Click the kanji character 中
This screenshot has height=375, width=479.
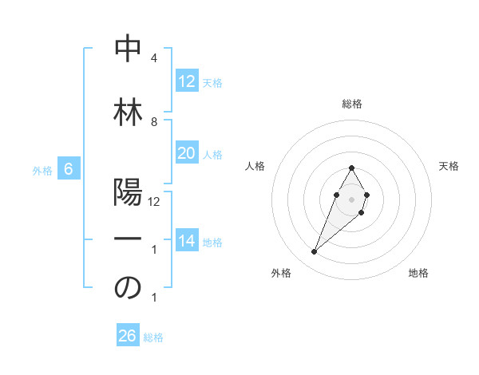pyautogui.click(x=128, y=49)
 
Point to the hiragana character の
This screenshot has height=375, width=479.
pyautogui.click(x=128, y=288)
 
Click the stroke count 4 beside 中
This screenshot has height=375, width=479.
pyautogui.click(x=154, y=59)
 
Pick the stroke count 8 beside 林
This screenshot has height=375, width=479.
pyautogui.click(x=154, y=122)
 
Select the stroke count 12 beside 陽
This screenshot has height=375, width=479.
pyautogui.click(x=154, y=202)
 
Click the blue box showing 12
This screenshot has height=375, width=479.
pyautogui.click(x=186, y=81)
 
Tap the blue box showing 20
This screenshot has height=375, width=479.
pyautogui.click(x=186, y=153)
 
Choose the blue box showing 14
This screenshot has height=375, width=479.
pyautogui.click(x=186, y=241)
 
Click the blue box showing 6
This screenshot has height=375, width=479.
pyautogui.click(x=69, y=169)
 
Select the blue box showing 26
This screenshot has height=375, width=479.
pyautogui.click(x=128, y=336)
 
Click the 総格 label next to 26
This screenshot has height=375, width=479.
pyautogui.click(x=154, y=337)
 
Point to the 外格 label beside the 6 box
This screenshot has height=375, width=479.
pyautogui.click(x=42, y=170)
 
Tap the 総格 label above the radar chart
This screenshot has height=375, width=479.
pyautogui.click(x=351, y=104)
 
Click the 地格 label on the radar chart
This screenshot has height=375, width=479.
pyautogui.click(x=418, y=274)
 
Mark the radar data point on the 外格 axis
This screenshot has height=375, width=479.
pyautogui.click(x=314, y=252)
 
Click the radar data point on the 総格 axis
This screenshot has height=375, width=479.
pyautogui.click(x=351, y=168)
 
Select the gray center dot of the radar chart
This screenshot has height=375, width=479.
pyautogui.click(x=351, y=197)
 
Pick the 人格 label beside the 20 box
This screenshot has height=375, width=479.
pyautogui.click(x=212, y=155)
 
